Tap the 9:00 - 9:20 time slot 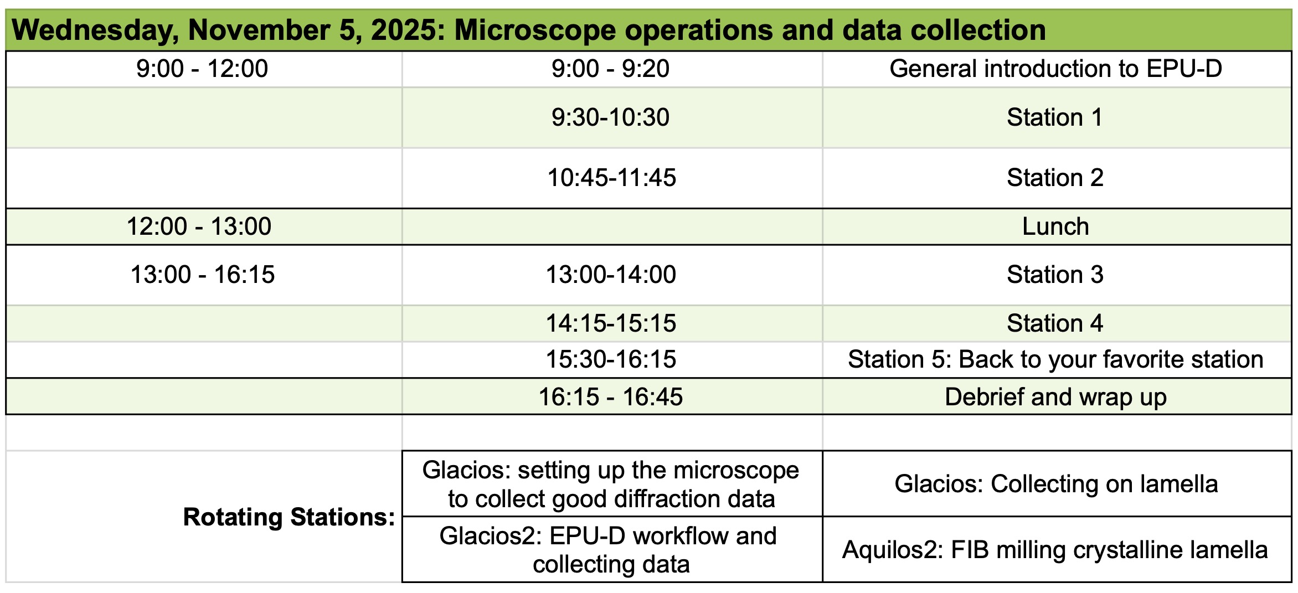[x=610, y=69]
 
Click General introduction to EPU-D [x=1055, y=69]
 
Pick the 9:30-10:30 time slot [x=610, y=117]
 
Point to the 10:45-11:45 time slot [x=611, y=178]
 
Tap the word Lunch [x=1055, y=226]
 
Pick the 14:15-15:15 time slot [x=611, y=323]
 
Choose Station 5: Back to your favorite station [x=1055, y=359]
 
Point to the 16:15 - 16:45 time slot [x=610, y=397]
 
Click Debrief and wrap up [x=1055, y=397]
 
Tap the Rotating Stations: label [x=289, y=517]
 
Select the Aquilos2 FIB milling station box [x=1057, y=549]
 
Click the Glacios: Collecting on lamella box [x=1057, y=484]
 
